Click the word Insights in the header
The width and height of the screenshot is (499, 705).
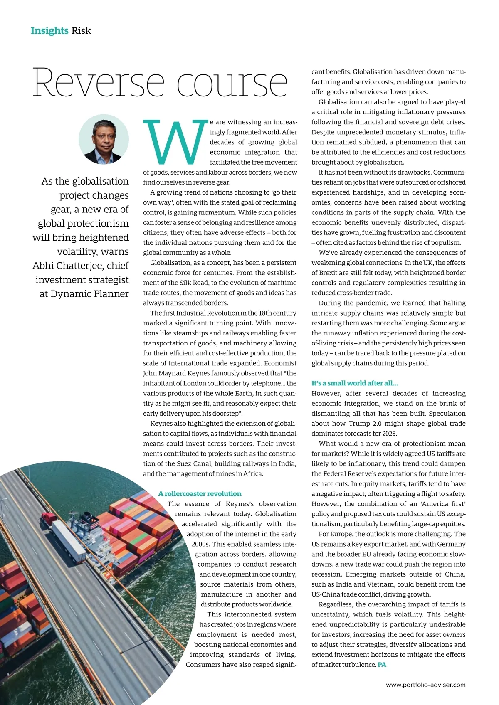coord(49,30)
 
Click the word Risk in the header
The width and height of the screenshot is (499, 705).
coord(81,30)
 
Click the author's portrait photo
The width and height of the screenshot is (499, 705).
coord(104,140)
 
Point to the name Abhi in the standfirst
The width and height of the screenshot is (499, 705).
coord(43,266)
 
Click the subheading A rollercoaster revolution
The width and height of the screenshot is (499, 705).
coord(200,494)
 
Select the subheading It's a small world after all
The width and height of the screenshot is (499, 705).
coord(355,383)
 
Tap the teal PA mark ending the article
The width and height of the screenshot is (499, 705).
coord(382,665)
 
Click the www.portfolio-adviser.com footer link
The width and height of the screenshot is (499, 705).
coord(425,685)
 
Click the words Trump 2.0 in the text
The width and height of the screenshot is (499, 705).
coord(374,424)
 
